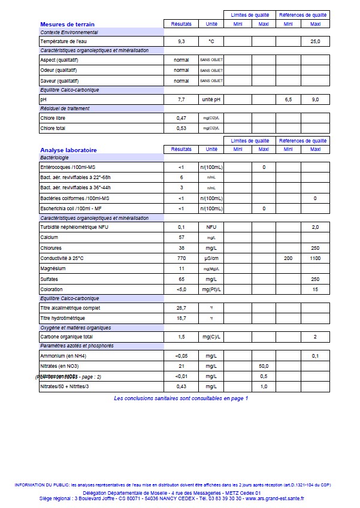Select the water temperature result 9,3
[181, 41]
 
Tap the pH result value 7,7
[181, 99]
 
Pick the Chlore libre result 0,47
[181, 118]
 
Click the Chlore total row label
[52, 128]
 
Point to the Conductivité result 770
[181, 259]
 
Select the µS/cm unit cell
[211, 259]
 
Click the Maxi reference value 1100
[315, 259]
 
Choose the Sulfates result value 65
[181, 279]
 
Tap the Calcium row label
[49, 238]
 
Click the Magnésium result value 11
[181, 269]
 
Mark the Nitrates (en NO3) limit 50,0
[264, 365]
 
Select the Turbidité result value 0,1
[181, 227]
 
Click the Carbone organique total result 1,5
[181, 337]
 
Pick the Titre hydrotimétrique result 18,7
[181, 318]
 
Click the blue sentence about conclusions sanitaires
[180, 398]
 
